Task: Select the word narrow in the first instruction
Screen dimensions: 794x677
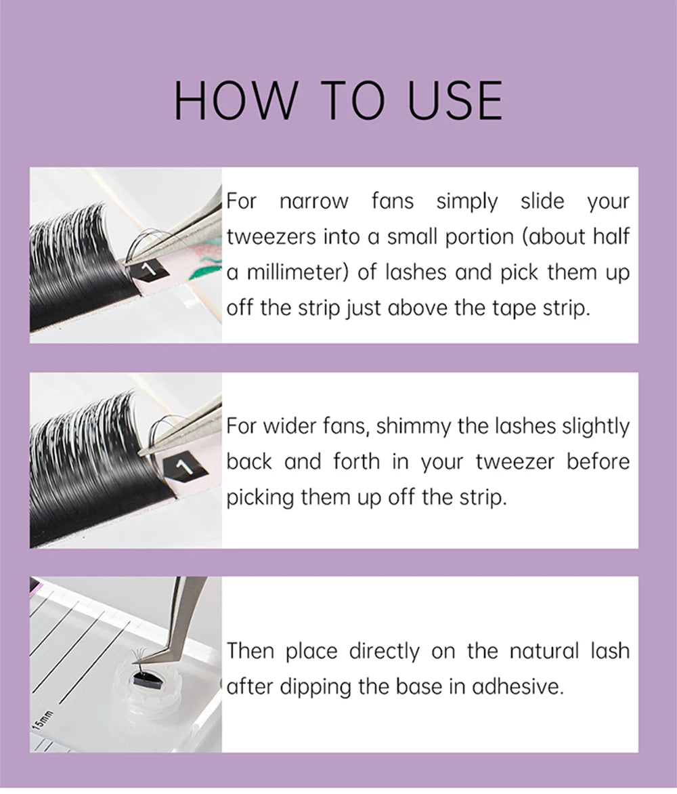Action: click(x=313, y=201)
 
